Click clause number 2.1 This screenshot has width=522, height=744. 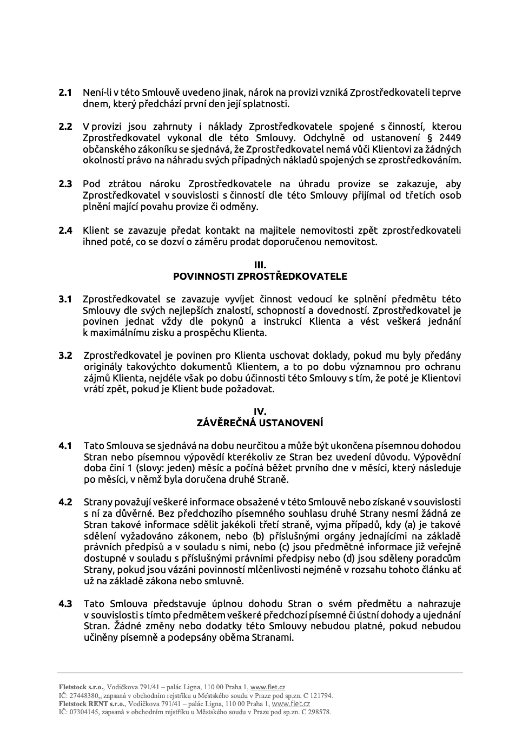click(65, 93)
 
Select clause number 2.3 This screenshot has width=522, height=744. click(65, 184)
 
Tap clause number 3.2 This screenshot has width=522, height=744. click(65, 355)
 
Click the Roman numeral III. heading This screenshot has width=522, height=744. click(260, 265)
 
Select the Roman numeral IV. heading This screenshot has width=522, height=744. click(260, 412)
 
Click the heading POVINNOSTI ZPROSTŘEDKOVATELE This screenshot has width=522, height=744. click(260, 276)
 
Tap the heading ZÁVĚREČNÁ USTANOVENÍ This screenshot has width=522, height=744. click(260, 423)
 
